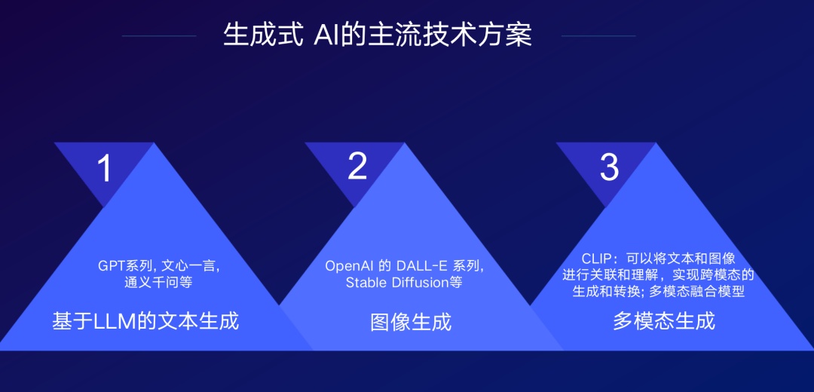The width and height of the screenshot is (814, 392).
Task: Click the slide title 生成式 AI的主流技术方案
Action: pos(378,35)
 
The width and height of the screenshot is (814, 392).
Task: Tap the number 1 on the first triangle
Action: pos(104,167)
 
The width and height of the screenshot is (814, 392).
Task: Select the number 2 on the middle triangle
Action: pos(357,166)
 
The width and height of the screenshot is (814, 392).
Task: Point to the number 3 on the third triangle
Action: pos(609,167)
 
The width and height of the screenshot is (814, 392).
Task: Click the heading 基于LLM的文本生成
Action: pos(145,321)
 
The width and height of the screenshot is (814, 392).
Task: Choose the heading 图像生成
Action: pos(411,322)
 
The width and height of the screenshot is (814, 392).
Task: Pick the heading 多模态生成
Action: pos(663,321)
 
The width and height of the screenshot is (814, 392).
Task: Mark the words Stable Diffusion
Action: pos(393,283)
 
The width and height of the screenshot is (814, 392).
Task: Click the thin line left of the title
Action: pos(159,35)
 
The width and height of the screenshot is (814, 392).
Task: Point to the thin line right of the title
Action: pos(598,35)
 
